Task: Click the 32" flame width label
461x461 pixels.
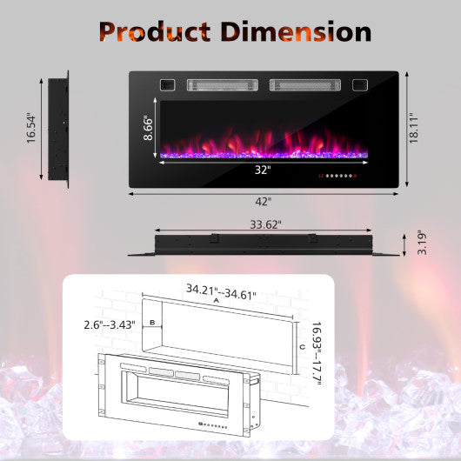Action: coord(263,170)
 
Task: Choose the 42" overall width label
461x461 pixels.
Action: coord(264,200)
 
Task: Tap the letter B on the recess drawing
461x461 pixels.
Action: coord(153,324)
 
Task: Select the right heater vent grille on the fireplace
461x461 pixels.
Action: coord(304,86)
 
